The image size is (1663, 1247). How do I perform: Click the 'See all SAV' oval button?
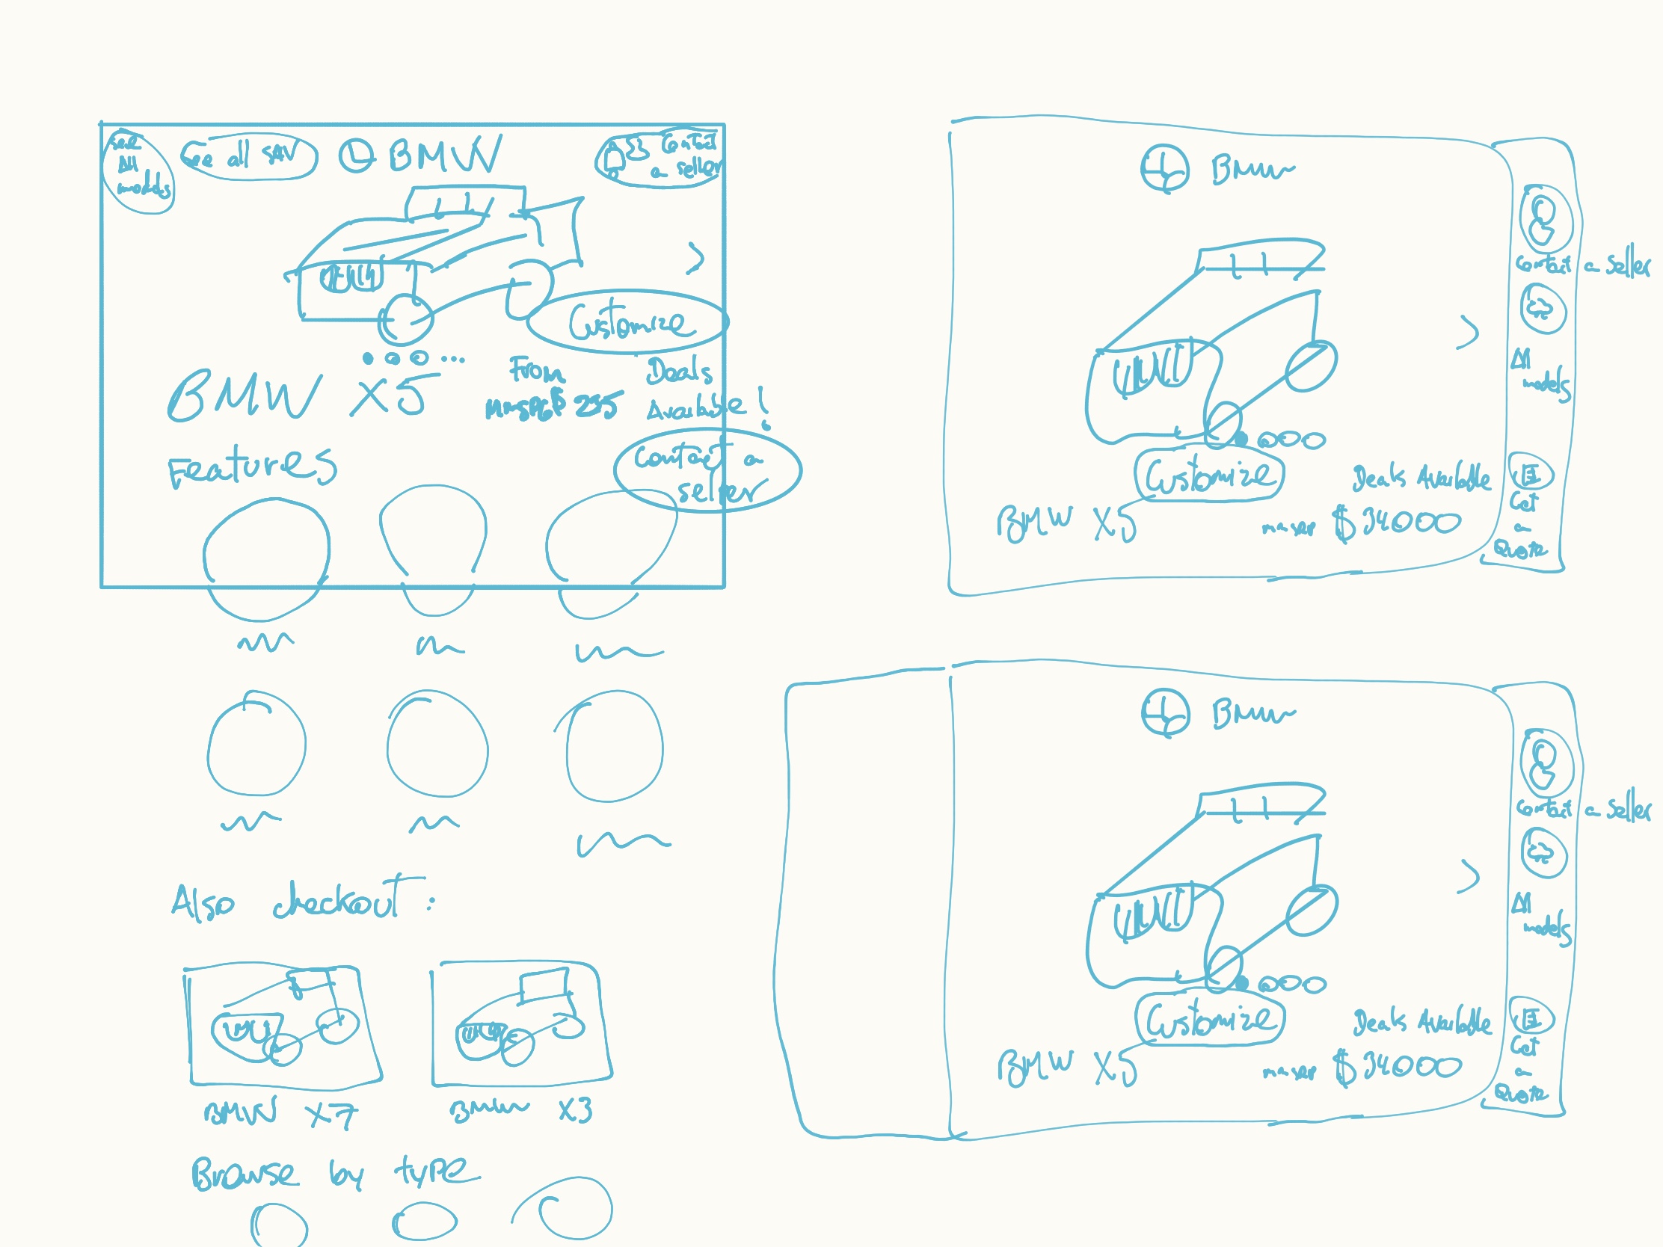[x=248, y=158]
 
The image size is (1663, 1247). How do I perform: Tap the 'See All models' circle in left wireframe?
[x=138, y=173]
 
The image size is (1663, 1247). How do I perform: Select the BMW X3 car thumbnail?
[x=520, y=1023]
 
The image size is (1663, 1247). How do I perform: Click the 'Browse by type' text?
[x=334, y=1172]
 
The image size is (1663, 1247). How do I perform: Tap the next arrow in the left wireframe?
[x=696, y=258]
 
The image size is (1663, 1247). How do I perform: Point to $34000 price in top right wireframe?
[x=1397, y=523]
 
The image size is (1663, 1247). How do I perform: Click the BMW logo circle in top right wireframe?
[x=1164, y=169]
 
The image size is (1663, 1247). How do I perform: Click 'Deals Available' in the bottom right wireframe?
[x=1421, y=1023]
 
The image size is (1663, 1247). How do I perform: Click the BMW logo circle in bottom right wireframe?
[x=1164, y=713]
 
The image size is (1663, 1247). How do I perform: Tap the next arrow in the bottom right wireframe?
[x=1468, y=875]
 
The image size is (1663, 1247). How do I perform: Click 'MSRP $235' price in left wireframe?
[x=555, y=407]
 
